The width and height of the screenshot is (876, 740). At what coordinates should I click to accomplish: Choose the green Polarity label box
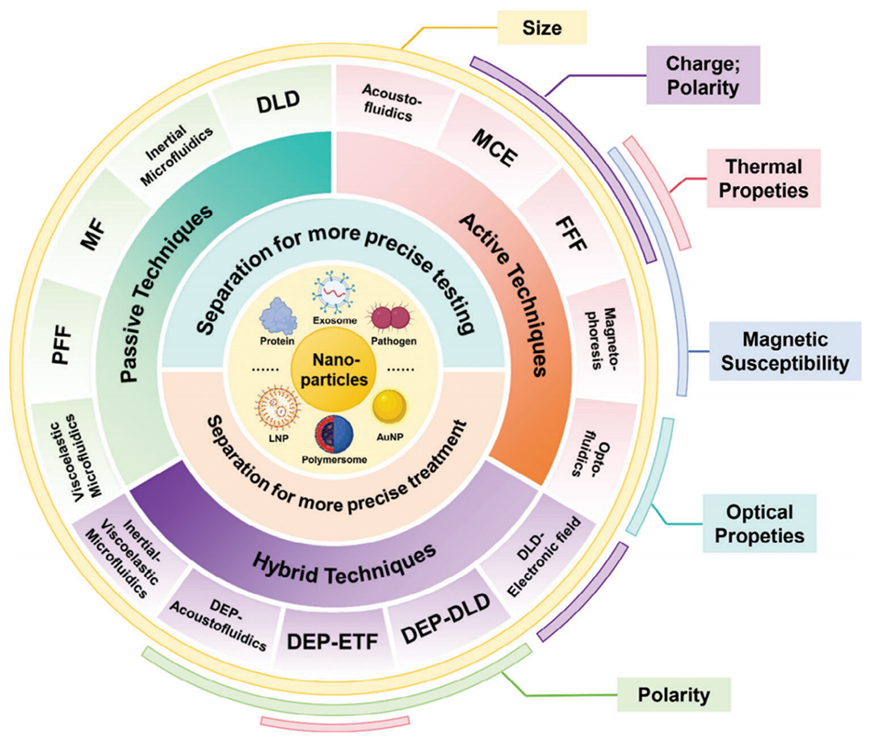click(674, 694)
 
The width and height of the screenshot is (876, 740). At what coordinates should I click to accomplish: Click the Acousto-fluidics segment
click(389, 100)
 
